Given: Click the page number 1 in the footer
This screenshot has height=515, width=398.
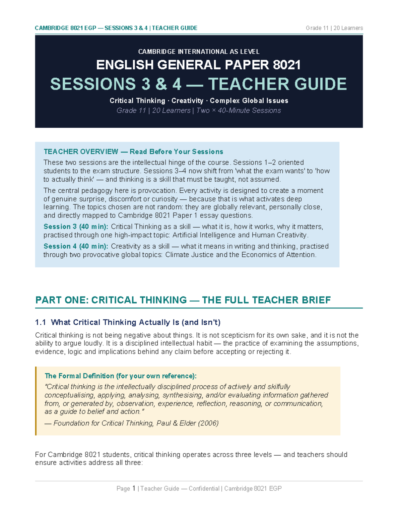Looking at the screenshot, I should (x=134, y=488).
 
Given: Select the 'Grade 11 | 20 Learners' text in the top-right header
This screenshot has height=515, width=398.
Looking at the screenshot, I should (x=334, y=28).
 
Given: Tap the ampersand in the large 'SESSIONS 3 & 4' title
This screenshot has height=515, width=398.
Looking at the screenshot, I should (x=161, y=84).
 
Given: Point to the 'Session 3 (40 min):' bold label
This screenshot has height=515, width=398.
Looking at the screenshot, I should (x=76, y=227).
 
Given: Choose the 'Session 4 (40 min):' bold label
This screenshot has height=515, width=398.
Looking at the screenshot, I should (x=76, y=246).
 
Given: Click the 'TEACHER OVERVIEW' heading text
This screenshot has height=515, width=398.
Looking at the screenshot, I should (x=81, y=152).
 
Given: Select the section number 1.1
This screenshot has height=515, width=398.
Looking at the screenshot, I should (x=40, y=322).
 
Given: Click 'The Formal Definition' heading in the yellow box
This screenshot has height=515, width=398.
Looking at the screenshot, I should (x=80, y=376).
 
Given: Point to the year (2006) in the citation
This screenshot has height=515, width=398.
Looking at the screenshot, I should (x=208, y=423).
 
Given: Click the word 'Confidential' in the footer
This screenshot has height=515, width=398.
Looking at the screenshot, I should (x=204, y=488).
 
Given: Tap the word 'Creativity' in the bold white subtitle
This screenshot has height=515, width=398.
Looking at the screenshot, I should (x=187, y=101).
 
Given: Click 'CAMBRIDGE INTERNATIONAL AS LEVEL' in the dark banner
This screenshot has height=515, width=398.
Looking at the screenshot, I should (x=199, y=52).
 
